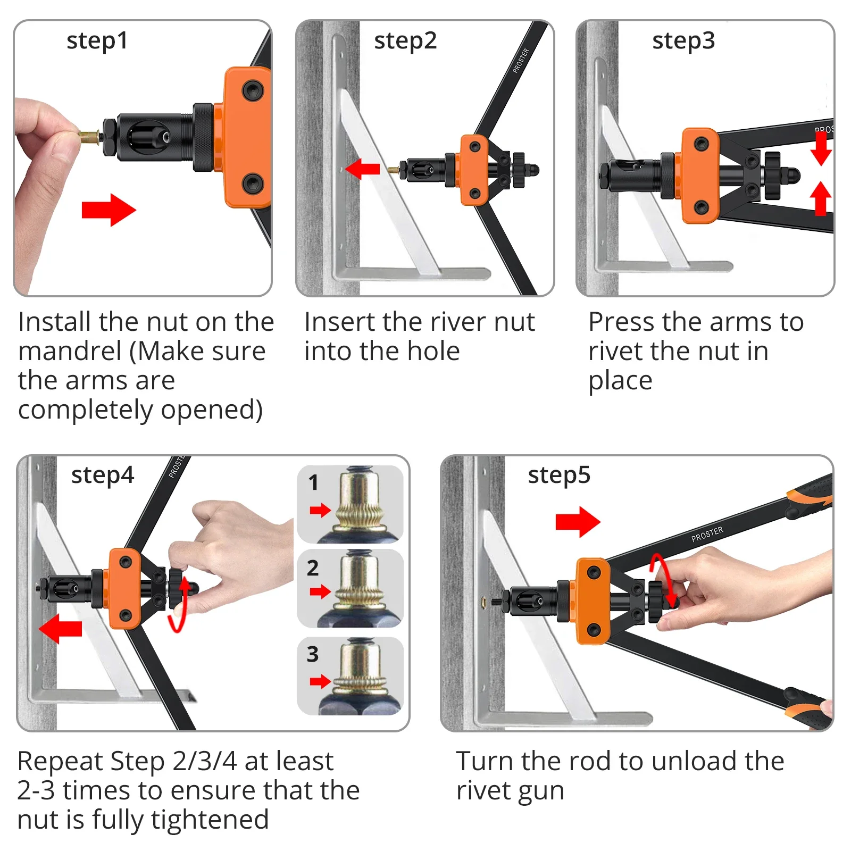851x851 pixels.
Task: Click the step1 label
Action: pos(97,41)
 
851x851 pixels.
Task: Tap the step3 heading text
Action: pos(683,41)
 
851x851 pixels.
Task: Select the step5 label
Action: pos(559,475)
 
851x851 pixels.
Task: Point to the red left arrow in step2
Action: pos(363,169)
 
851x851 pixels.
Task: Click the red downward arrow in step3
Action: pos(821,148)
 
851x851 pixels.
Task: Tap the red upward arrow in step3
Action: pos(821,198)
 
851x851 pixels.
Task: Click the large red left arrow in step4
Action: pos(61,628)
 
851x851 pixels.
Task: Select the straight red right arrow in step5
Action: pos(578,522)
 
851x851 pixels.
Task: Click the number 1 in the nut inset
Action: pos(313,482)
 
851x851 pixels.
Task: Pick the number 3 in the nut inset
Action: pos(313,654)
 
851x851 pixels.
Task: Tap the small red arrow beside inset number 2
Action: pos(320,591)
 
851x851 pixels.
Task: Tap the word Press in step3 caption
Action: pos(621,322)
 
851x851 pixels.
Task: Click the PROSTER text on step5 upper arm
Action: pos(707,534)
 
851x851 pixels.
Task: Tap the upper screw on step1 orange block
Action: pos(252,90)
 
